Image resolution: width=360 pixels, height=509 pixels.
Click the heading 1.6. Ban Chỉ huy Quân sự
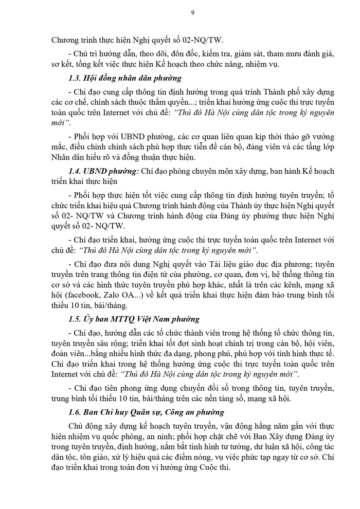click(146, 412)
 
